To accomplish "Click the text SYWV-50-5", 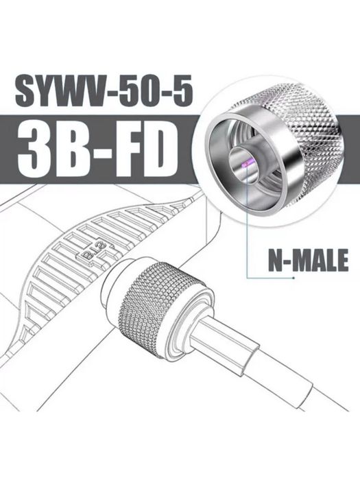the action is tap(104, 91).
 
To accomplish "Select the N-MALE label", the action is tap(309, 260).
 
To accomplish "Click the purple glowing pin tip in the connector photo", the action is tap(245, 165).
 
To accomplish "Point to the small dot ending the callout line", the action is tap(294, 278).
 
